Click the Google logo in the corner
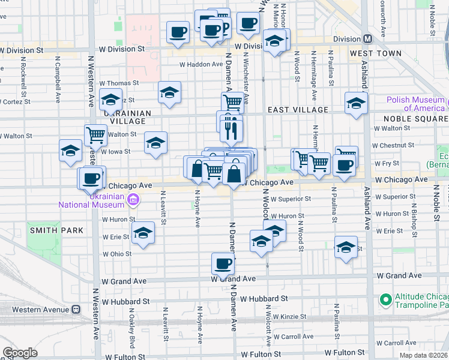pyautogui.click(x=20, y=353)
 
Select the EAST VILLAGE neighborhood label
pyautogui.click(x=298, y=110)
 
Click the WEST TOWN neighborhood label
pyautogui.click(x=375, y=53)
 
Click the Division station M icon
pyautogui.click(x=367, y=38)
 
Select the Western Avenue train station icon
pyautogui.click(x=76, y=310)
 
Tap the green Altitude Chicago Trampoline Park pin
pyautogui.click(x=385, y=298)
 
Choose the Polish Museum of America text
pyautogui.click(x=415, y=104)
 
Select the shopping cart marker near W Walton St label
pyautogui.click(x=95, y=136)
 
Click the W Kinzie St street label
pyautogui.click(x=289, y=316)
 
